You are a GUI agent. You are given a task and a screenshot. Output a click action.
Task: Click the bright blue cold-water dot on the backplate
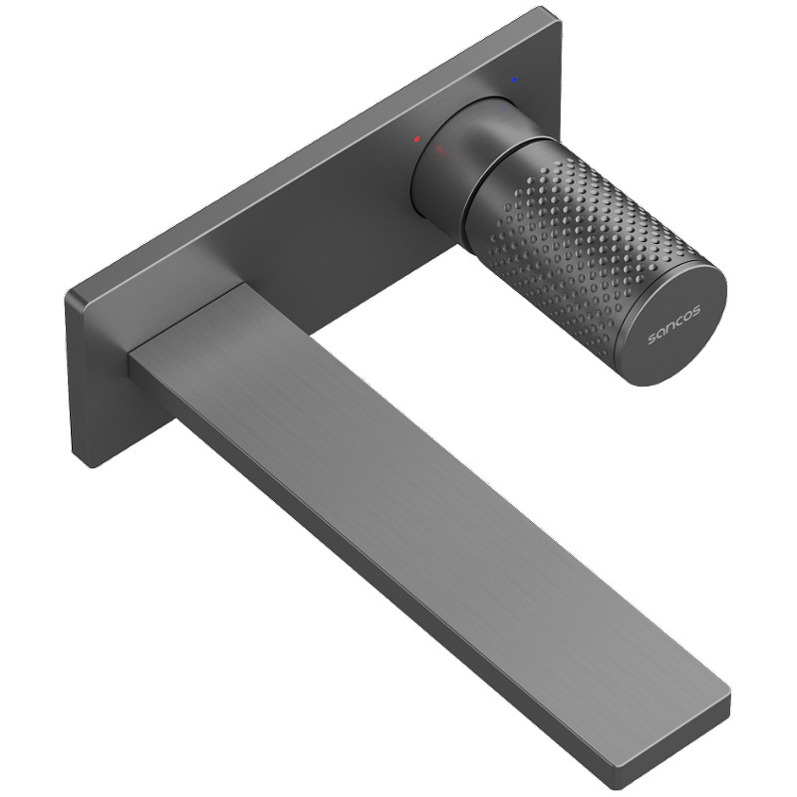515,80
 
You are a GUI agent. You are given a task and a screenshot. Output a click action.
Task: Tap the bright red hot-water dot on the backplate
416,138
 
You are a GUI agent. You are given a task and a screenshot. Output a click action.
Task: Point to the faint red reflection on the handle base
440,150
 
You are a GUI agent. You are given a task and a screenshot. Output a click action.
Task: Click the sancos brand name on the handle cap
674,325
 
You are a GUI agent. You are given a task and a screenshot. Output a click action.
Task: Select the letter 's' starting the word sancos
653,339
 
